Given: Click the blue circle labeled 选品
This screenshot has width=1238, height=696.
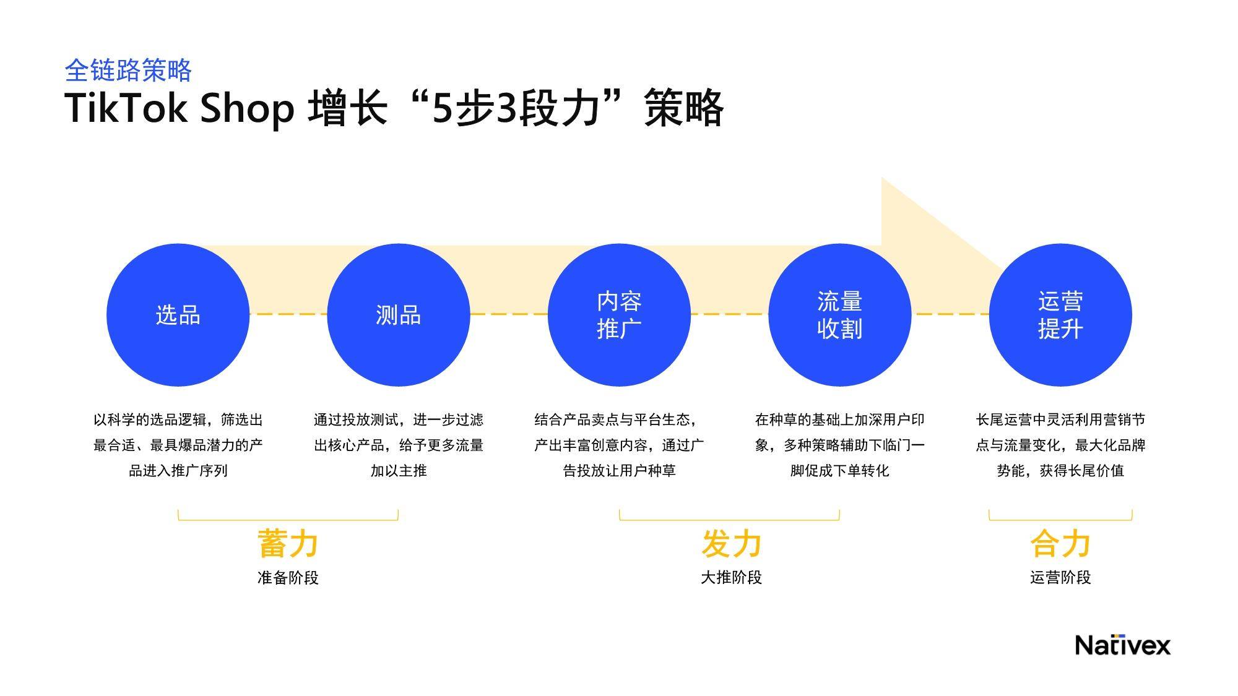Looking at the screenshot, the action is (x=178, y=315).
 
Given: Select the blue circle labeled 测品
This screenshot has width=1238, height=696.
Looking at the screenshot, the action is (x=398, y=315).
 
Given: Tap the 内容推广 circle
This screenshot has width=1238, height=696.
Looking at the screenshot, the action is (x=619, y=315).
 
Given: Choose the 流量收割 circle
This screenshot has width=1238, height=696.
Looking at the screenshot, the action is (x=839, y=315).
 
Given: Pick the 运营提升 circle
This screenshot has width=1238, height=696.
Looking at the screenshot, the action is (x=1060, y=315).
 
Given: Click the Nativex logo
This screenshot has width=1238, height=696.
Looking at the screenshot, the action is (x=1123, y=645).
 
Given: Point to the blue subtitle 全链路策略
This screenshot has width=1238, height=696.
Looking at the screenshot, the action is (x=128, y=71).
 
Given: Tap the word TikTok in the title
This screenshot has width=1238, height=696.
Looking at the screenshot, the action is (x=126, y=108).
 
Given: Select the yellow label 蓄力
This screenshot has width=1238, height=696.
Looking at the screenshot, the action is (x=288, y=544).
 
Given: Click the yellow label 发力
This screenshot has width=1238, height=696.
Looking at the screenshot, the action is (x=731, y=544).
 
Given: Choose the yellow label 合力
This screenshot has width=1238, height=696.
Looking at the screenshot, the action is (x=1060, y=544).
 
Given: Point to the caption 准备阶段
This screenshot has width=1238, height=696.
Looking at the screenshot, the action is (x=288, y=578).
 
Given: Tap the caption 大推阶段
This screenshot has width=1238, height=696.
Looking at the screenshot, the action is (x=731, y=578).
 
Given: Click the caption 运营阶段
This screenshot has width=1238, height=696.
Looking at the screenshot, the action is (x=1060, y=578).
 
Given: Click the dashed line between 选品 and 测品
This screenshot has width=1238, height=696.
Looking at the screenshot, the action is (x=288, y=314).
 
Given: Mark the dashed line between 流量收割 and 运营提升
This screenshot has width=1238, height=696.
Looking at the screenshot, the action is (x=950, y=314).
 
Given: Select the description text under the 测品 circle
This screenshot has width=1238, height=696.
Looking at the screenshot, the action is (x=398, y=445).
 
